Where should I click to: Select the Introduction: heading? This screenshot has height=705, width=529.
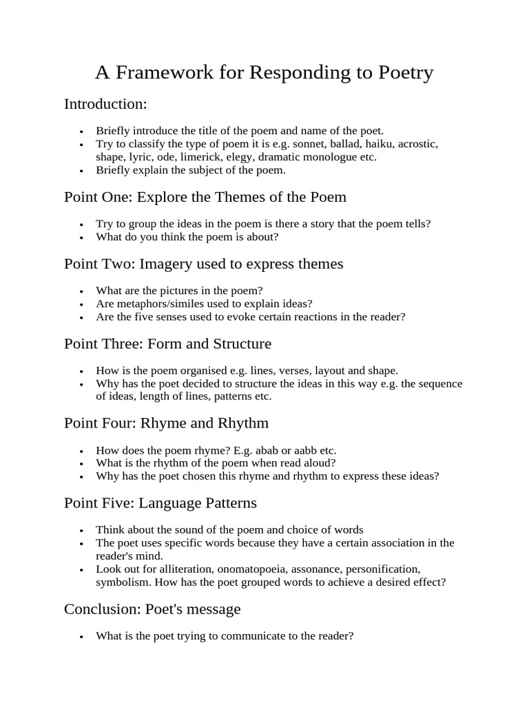tap(105, 104)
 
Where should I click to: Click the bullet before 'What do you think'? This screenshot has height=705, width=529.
tap(81, 238)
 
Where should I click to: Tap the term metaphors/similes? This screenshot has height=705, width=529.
tap(156, 304)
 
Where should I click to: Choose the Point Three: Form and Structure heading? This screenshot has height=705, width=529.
tap(167, 344)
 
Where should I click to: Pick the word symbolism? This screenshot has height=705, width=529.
tap(121, 582)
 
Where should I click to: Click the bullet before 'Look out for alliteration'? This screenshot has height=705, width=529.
tap(81, 570)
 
